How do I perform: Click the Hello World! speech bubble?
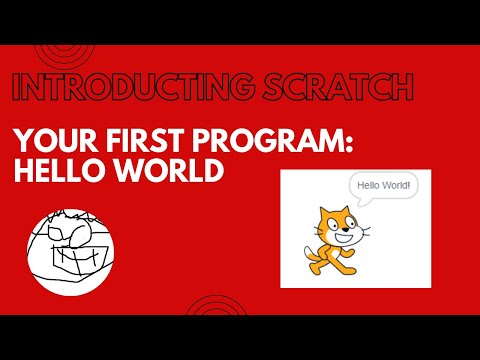(x=383, y=185)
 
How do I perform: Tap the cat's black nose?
(x=345, y=229)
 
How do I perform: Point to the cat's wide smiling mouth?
(x=343, y=239)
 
